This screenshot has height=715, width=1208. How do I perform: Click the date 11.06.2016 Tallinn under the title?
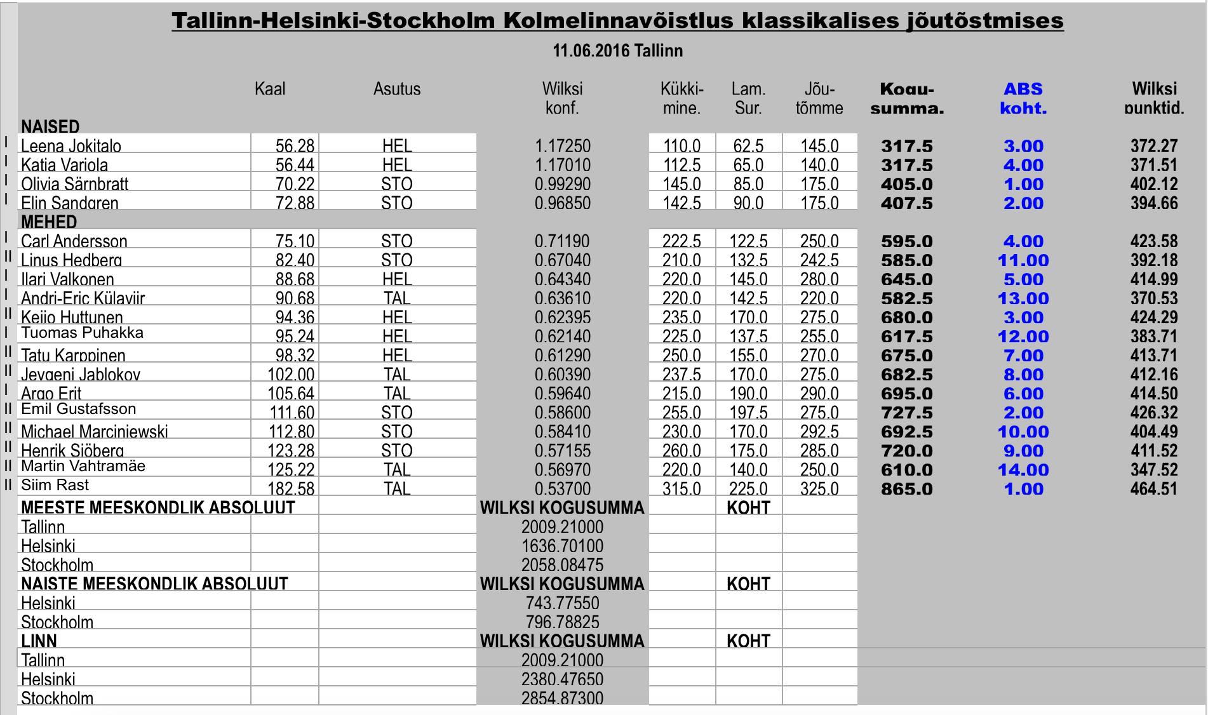coord(617,51)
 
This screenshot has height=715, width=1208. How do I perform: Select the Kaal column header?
coord(270,89)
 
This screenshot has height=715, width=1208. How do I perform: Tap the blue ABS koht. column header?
coord(1023,98)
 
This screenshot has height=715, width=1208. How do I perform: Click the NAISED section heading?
coord(50,126)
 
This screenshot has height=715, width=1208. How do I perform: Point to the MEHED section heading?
coord(49,222)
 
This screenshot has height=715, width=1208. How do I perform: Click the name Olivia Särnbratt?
coord(74,184)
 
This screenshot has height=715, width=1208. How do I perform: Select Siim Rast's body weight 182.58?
coord(291,488)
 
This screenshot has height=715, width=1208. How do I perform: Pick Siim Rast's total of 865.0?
coord(906,489)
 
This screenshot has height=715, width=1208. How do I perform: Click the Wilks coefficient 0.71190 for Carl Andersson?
coord(562,241)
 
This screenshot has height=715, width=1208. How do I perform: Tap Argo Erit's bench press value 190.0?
coord(748,394)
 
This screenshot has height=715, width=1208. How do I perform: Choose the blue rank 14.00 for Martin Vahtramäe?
coord(1023,470)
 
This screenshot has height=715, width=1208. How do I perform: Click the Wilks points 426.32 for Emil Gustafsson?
coord(1153,413)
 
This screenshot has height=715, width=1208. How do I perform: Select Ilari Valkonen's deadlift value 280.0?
coord(819,279)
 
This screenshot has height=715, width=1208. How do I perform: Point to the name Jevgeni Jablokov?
coord(81,375)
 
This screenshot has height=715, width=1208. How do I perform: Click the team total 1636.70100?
coord(562,546)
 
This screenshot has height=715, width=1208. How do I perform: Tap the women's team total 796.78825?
coord(562,622)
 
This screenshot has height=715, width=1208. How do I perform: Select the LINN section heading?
coord(39,641)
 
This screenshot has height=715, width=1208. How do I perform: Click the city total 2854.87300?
coord(562,698)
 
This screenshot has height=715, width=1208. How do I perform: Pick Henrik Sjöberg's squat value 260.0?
coord(681,451)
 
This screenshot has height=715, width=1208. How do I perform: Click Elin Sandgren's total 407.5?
coord(906,203)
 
